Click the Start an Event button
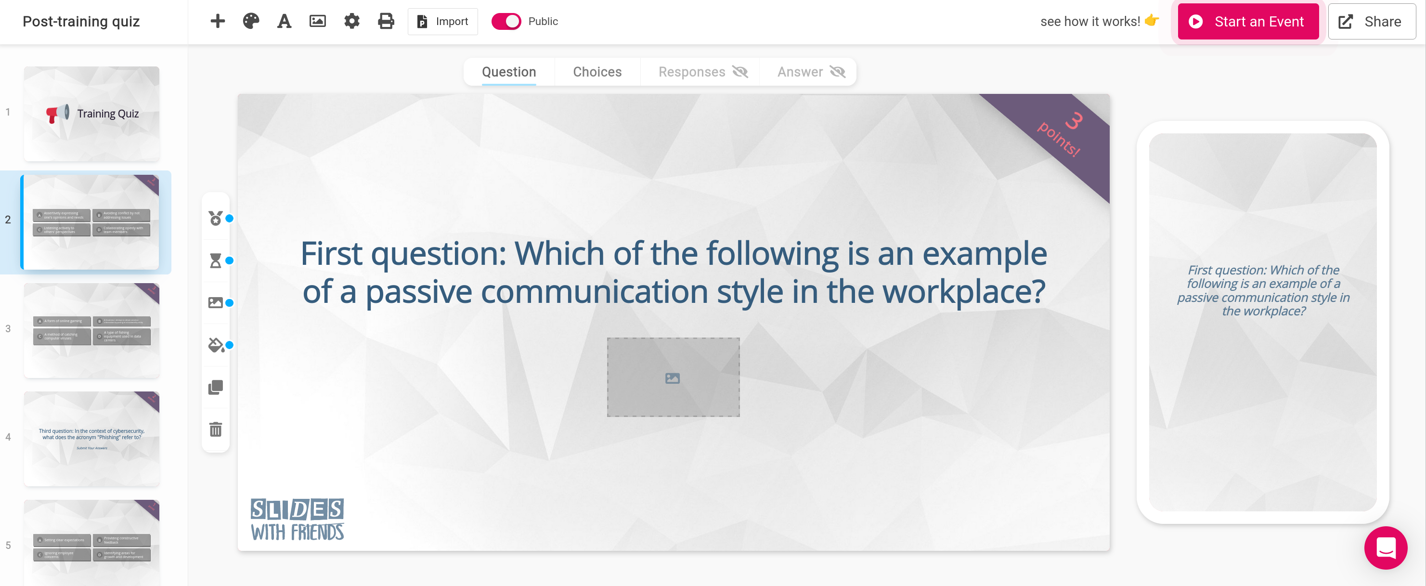click(1248, 22)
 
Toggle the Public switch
click(506, 22)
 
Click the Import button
click(442, 22)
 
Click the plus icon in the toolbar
click(218, 22)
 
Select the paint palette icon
click(251, 22)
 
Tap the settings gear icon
click(351, 22)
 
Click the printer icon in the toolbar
click(386, 22)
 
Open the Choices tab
click(597, 72)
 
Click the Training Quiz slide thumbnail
click(91, 114)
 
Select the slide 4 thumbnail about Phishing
click(91, 439)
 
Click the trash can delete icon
click(215, 429)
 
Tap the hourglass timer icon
click(215, 260)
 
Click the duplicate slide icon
click(215, 387)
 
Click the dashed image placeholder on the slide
click(673, 377)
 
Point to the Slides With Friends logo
click(297, 519)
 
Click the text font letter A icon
click(284, 22)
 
